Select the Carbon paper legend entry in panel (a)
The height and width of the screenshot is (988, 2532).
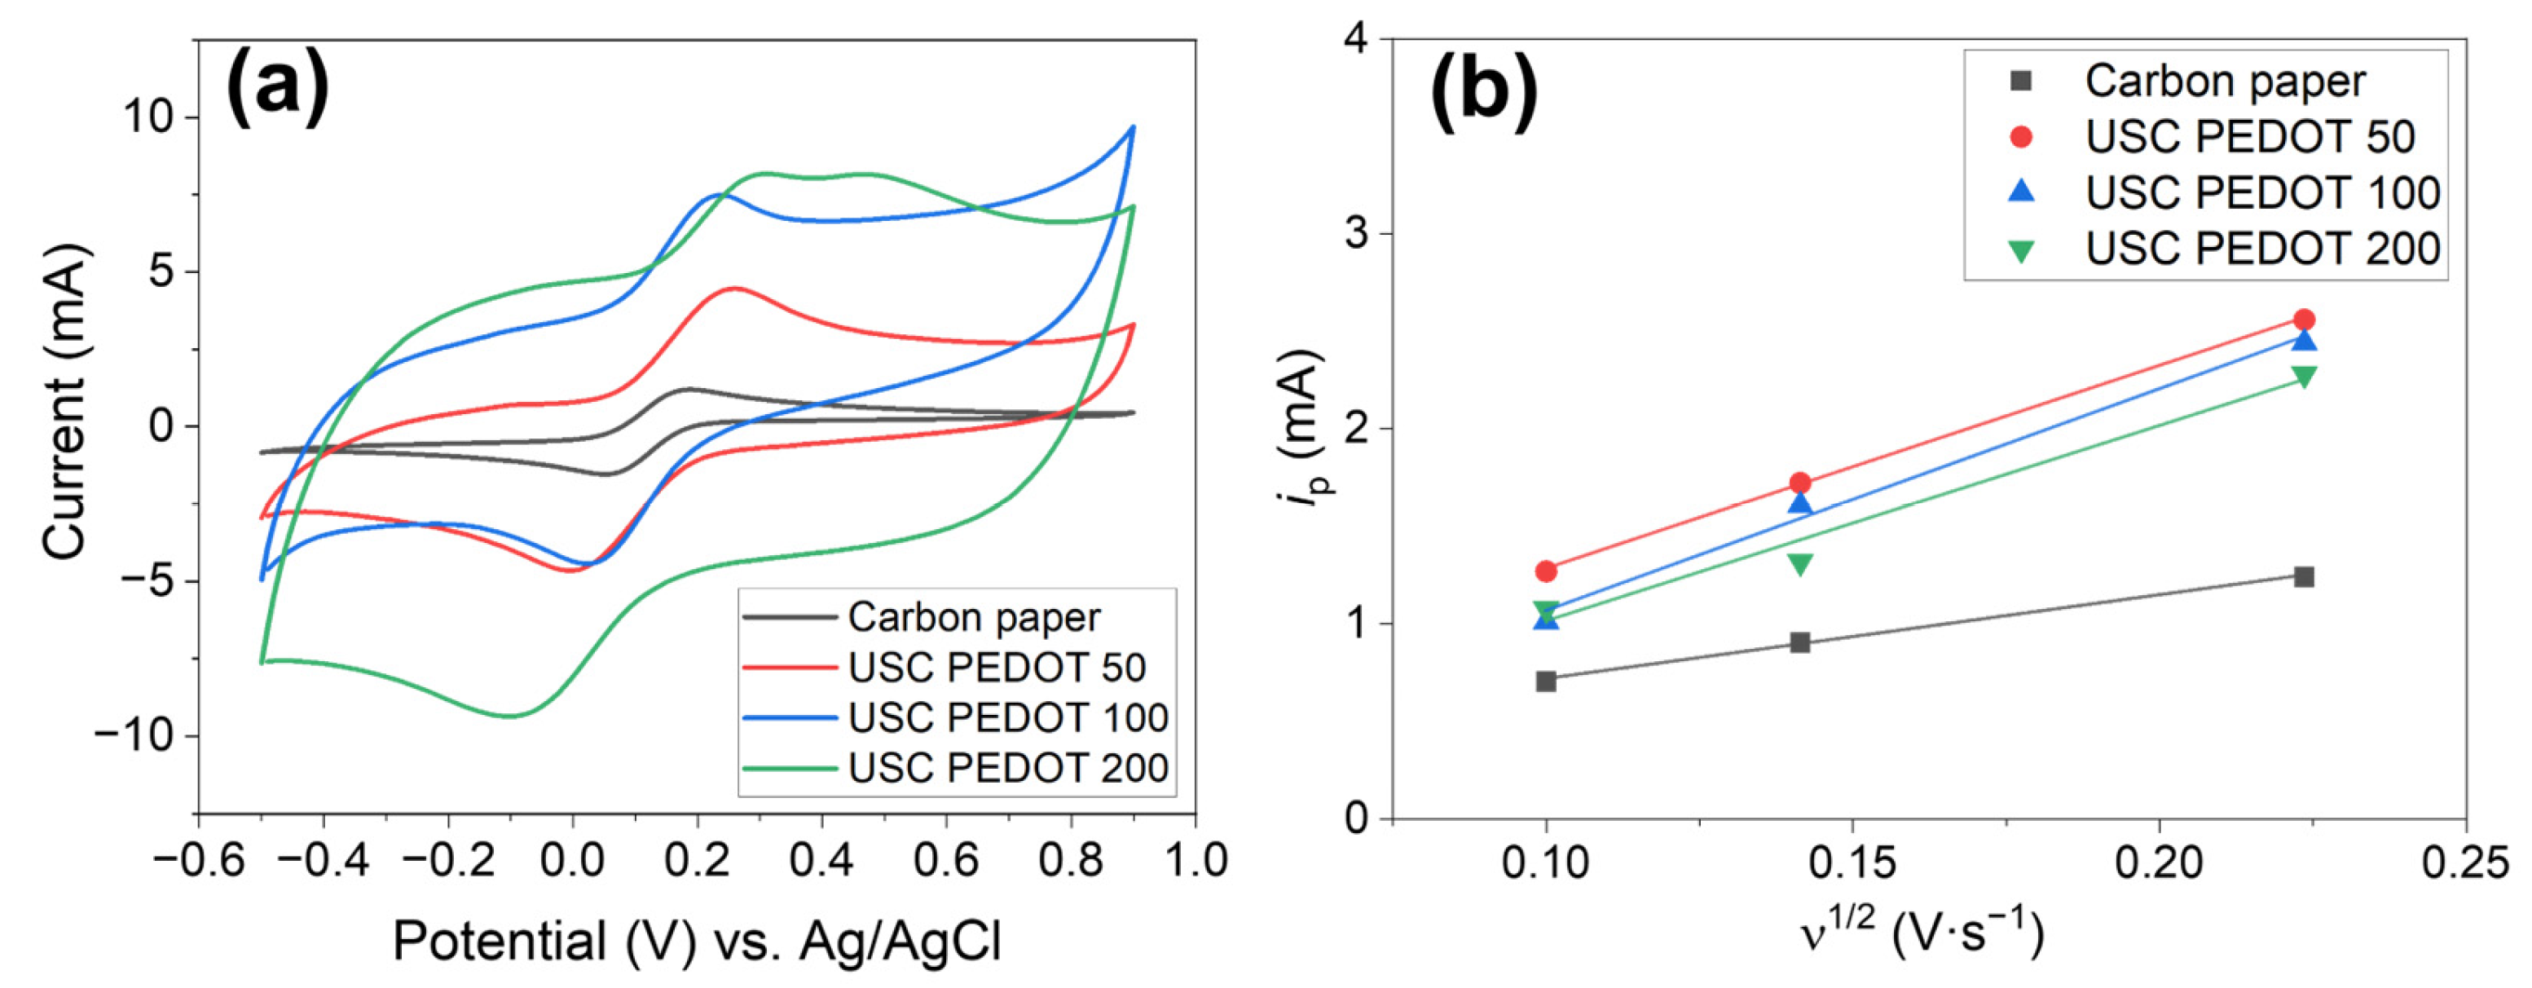coord(973,617)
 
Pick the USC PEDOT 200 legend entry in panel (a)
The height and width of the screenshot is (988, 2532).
coord(1007,768)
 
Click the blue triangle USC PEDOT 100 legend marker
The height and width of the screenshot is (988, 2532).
coord(2021,191)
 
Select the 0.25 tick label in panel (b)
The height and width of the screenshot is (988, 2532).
coord(2464,862)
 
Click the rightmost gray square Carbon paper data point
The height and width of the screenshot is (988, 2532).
coord(2303,577)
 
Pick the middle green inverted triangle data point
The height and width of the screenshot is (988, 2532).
coord(1799,564)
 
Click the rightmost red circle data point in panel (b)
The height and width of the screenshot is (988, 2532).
coord(2303,320)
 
